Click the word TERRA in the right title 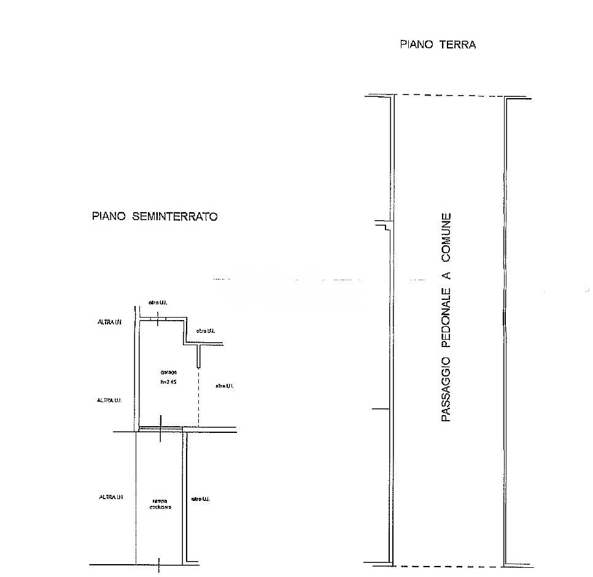[457, 45]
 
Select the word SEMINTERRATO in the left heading [174, 216]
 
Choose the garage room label [168, 372]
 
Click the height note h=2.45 [168, 382]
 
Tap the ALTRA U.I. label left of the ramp [112, 497]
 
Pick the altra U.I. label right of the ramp [200, 500]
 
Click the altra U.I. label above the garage [158, 302]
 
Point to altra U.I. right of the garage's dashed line [224, 386]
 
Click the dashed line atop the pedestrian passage [449, 96]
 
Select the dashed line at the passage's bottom [449, 566]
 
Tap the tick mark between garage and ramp [160, 429]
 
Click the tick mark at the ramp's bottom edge [159, 565]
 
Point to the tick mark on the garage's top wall [158, 319]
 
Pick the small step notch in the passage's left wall [384, 225]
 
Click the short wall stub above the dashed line [198, 355]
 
